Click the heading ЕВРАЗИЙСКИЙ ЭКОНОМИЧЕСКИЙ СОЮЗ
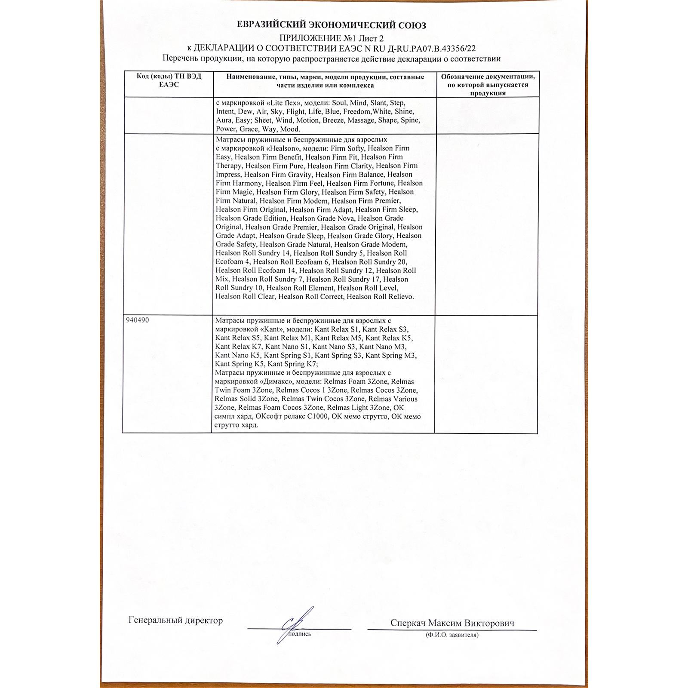click(x=332, y=25)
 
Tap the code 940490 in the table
click(x=138, y=320)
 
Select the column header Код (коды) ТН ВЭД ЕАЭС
click(x=169, y=80)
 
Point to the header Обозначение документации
click(x=488, y=77)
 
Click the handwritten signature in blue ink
click(x=295, y=624)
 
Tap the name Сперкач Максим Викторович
click(x=452, y=623)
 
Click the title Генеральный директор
click(x=175, y=620)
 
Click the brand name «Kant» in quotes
click(x=272, y=329)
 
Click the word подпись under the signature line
click(x=299, y=634)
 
